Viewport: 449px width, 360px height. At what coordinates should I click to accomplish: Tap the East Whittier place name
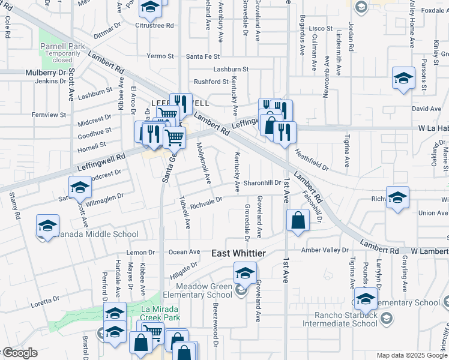coord(238,254)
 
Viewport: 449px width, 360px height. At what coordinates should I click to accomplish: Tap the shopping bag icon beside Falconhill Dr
coord(298,221)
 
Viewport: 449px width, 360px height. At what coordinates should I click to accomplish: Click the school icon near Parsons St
coord(404,78)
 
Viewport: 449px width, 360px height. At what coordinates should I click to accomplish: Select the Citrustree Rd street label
coord(154,26)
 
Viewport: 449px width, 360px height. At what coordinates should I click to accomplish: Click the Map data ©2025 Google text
coord(411,355)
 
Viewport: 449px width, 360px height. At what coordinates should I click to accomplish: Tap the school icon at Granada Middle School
coord(47,226)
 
